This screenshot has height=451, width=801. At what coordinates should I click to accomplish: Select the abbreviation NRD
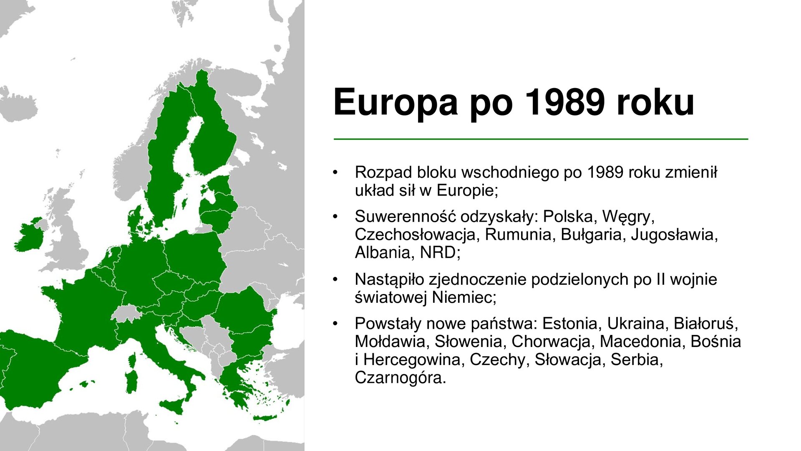click(x=438, y=252)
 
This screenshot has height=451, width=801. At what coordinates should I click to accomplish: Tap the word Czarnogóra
click(x=400, y=377)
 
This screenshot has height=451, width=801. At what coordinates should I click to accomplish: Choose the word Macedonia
click(x=641, y=341)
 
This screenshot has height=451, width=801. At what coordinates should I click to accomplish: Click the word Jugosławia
click(x=674, y=234)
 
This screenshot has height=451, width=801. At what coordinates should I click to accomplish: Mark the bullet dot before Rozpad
click(x=335, y=172)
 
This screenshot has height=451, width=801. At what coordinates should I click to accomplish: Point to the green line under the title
click(x=541, y=139)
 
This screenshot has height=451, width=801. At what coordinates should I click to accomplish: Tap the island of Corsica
click(x=133, y=360)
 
